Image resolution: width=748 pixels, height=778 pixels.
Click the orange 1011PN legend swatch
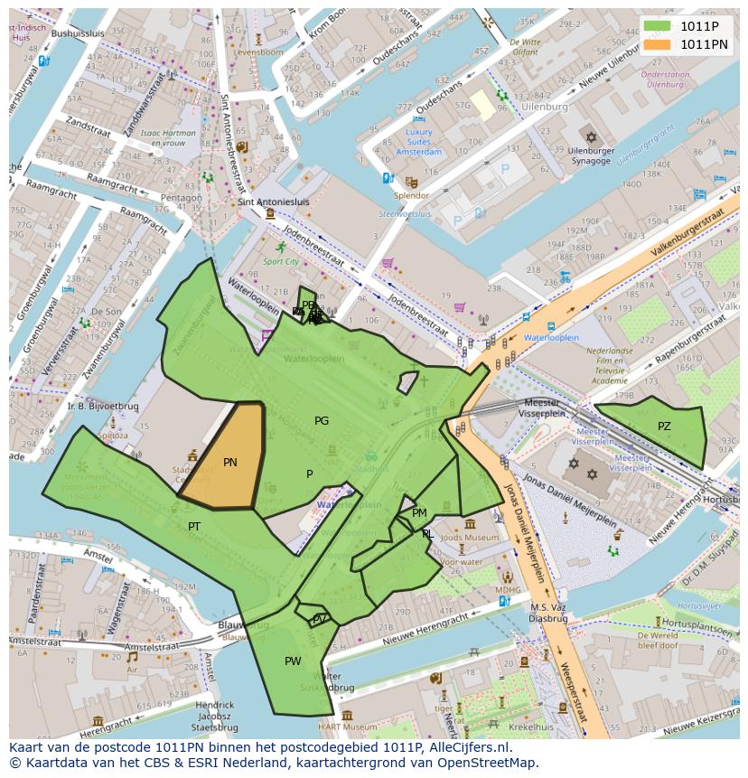(657, 44)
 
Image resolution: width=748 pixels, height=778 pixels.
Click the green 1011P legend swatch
(657, 26)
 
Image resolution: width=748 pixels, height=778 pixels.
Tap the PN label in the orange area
(230, 463)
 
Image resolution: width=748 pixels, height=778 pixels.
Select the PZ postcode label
(664, 426)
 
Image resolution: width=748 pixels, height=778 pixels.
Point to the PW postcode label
(293, 661)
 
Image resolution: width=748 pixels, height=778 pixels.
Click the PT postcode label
(194, 527)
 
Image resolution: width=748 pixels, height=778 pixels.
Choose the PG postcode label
(322, 421)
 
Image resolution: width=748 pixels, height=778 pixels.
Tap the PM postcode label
(419, 513)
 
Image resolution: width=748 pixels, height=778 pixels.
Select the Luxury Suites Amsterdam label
(418, 142)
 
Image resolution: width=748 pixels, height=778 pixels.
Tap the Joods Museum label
(469, 538)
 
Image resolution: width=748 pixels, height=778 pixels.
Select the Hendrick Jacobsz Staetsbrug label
(215, 716)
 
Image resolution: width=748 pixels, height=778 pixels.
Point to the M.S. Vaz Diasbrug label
(548, 613)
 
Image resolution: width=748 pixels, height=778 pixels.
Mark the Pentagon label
(181, 198)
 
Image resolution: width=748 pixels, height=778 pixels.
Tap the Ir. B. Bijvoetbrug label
(102, 407)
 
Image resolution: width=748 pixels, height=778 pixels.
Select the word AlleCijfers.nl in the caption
(468, 747)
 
